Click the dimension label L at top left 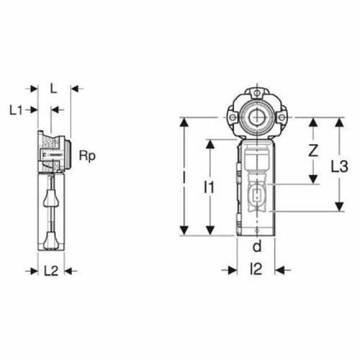[53, 88]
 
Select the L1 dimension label [16, 110]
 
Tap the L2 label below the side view [51, 271]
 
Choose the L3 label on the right [339, 166]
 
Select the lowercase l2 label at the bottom [256, 270]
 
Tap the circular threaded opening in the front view [256, 118]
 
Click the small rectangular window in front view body [256, 196]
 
